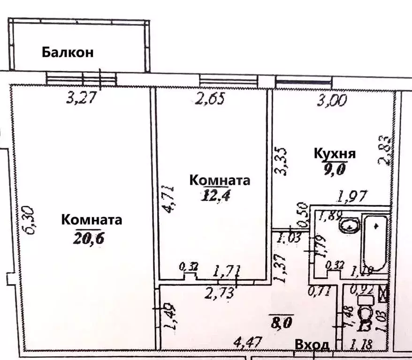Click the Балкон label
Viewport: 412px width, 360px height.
[x=68, y=52]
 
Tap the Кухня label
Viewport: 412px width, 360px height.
[x=335, y=154]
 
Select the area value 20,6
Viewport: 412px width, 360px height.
[x=88, y=238]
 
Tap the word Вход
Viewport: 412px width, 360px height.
[x=311, y=345]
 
